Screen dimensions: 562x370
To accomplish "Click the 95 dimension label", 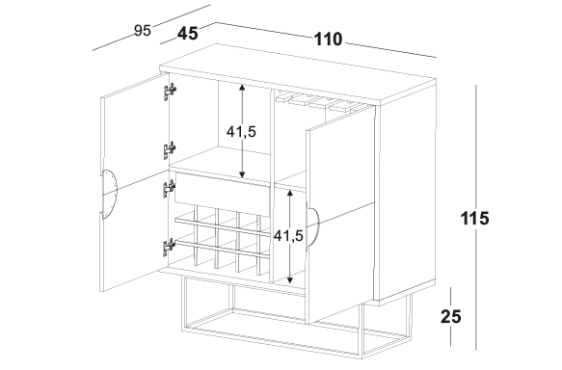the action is pyautogui.click(x=143, y=31).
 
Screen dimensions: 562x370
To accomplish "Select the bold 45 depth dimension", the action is pyautogui.click(x=187, y=34).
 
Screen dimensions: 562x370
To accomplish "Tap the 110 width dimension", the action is pyautogui.click(x=329, y=40).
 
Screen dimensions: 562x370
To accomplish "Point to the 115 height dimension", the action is pyautogui.click(x=474, y=218).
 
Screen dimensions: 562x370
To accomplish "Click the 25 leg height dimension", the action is pyautogui.click(x=451, y=317).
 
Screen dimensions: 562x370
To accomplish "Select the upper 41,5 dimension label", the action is pyautogui.click(x=241, y=132).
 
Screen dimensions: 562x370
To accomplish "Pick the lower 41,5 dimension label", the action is pyautogui.click(x=288, y=235).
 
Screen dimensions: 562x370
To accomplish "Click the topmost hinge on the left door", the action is pyautogui.click(x=170, y=92).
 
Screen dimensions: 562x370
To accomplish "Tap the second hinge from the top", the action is pyautogui.click(x=170, y=150).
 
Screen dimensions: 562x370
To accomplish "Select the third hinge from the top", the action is pyautogui.click(x=169, y=189).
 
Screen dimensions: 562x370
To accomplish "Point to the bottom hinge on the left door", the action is pyautogui.click(x=169, y=248).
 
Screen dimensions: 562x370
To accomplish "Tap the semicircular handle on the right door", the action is pyautogui.click(x=312, y=226).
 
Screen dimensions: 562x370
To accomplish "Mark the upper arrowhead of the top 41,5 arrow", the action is pyautogui.click(x=243, y=87).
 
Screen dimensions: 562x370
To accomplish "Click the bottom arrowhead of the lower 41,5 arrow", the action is pyautogui.click(x=290, y=280).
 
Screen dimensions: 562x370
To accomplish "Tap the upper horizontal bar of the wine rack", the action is pyautogui.click(x=223, y=227).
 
